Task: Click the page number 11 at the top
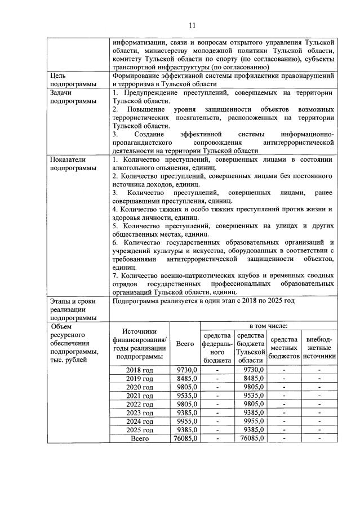[192, 25]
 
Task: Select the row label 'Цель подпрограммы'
[70, 79]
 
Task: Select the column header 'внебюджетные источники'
[319, 348]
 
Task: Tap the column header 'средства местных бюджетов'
[285, 348]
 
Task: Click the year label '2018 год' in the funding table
[140, 370]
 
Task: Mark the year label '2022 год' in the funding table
[140, 404]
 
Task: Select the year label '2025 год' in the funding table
[140, 429]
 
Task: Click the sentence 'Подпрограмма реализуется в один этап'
[203, 301]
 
